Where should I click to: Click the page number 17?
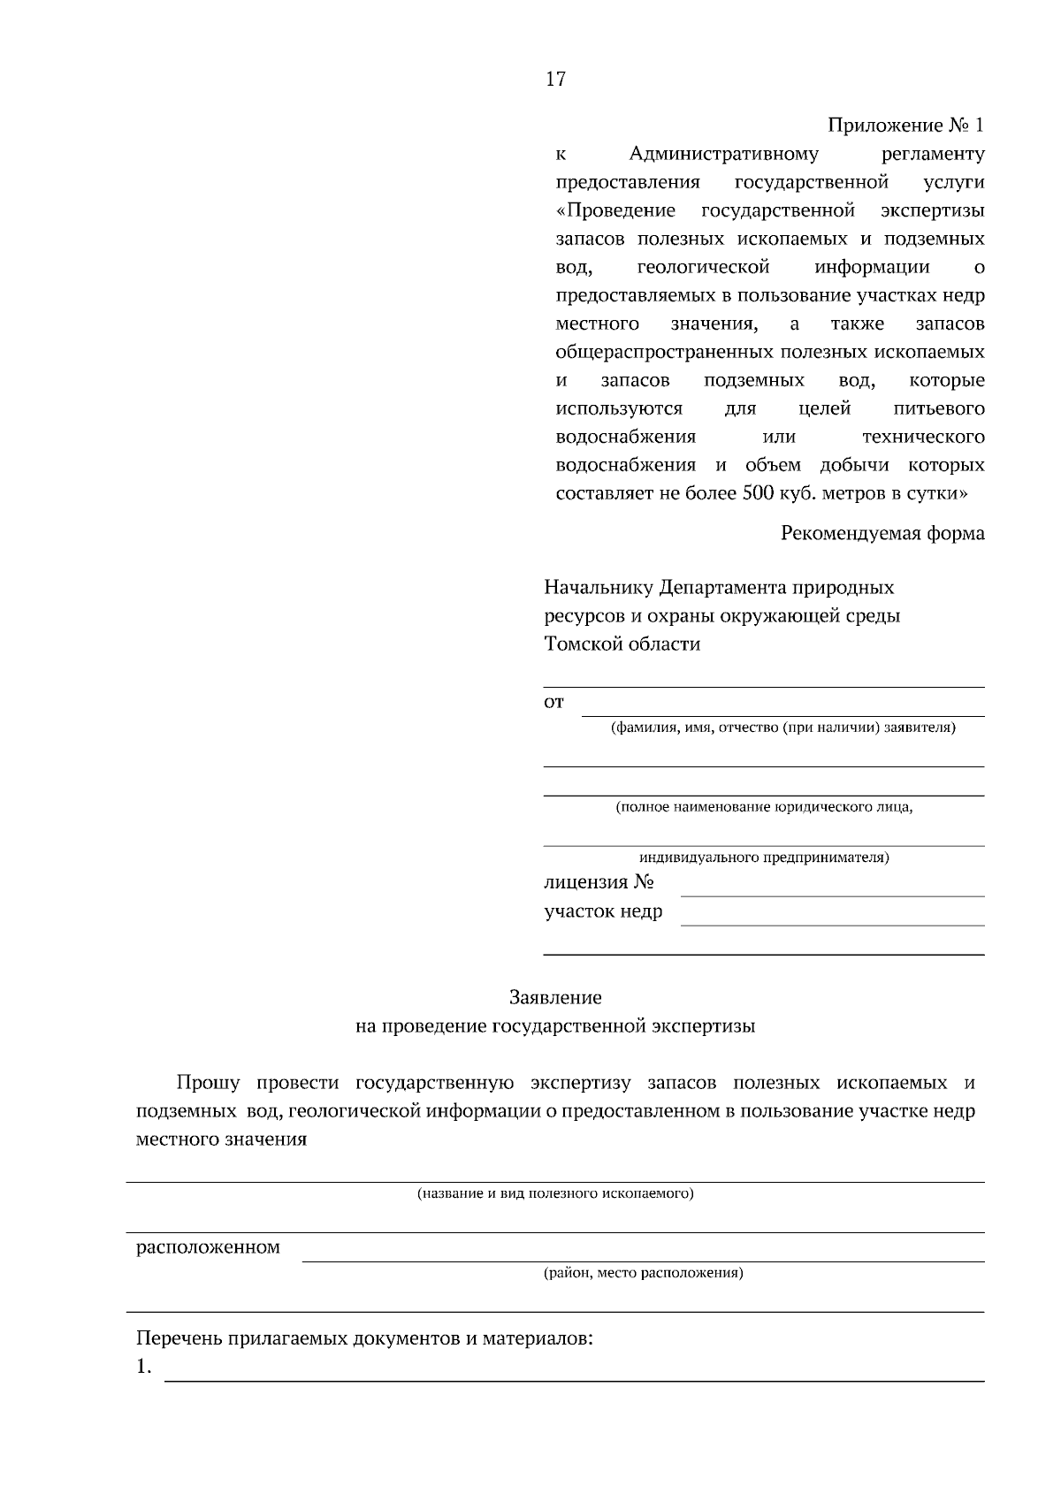(555, 80)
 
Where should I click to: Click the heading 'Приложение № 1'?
(905, 126)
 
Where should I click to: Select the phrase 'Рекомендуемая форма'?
(882, 533)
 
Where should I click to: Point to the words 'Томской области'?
(622, 644)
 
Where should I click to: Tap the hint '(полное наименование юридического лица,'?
(764, 806)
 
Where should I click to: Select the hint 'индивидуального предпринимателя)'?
(764, 857)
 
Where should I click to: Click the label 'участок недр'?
(603, 911)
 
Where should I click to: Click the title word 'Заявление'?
(555, 997)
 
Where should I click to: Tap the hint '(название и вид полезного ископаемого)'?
(555, 1193)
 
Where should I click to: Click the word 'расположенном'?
(208, 1247)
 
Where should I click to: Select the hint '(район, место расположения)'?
(643, 1273)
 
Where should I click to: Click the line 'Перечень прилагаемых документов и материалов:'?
(363, 1338)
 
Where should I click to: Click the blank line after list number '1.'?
(575, 1373)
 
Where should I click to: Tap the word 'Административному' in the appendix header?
(723, 154)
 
